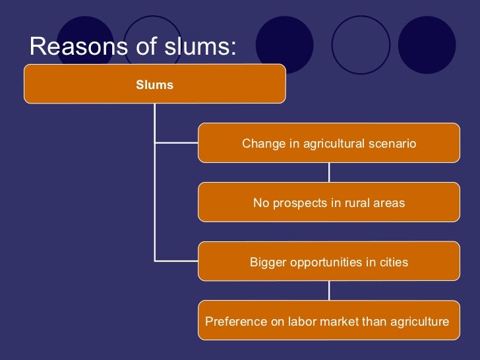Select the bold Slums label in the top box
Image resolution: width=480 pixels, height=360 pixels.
tap(154, 84)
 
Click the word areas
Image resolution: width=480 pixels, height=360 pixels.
tap(388, 203)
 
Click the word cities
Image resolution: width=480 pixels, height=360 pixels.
tap(393, 262)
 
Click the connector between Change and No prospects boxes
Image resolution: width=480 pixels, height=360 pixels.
tap(329, 172)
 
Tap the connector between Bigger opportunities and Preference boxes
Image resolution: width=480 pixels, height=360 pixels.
tap(329, 291)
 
